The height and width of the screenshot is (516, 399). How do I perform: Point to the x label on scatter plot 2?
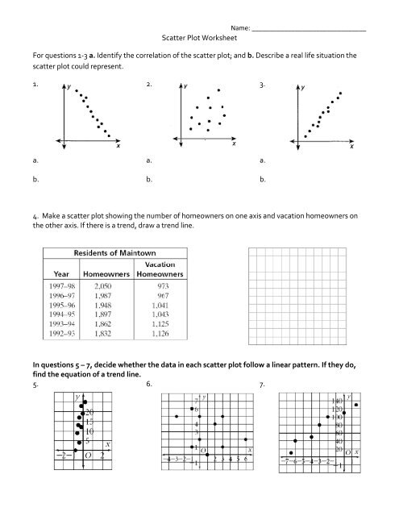click(x=234, y=144)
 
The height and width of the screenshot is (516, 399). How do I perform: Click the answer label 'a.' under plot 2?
click(x=149, y=161)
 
